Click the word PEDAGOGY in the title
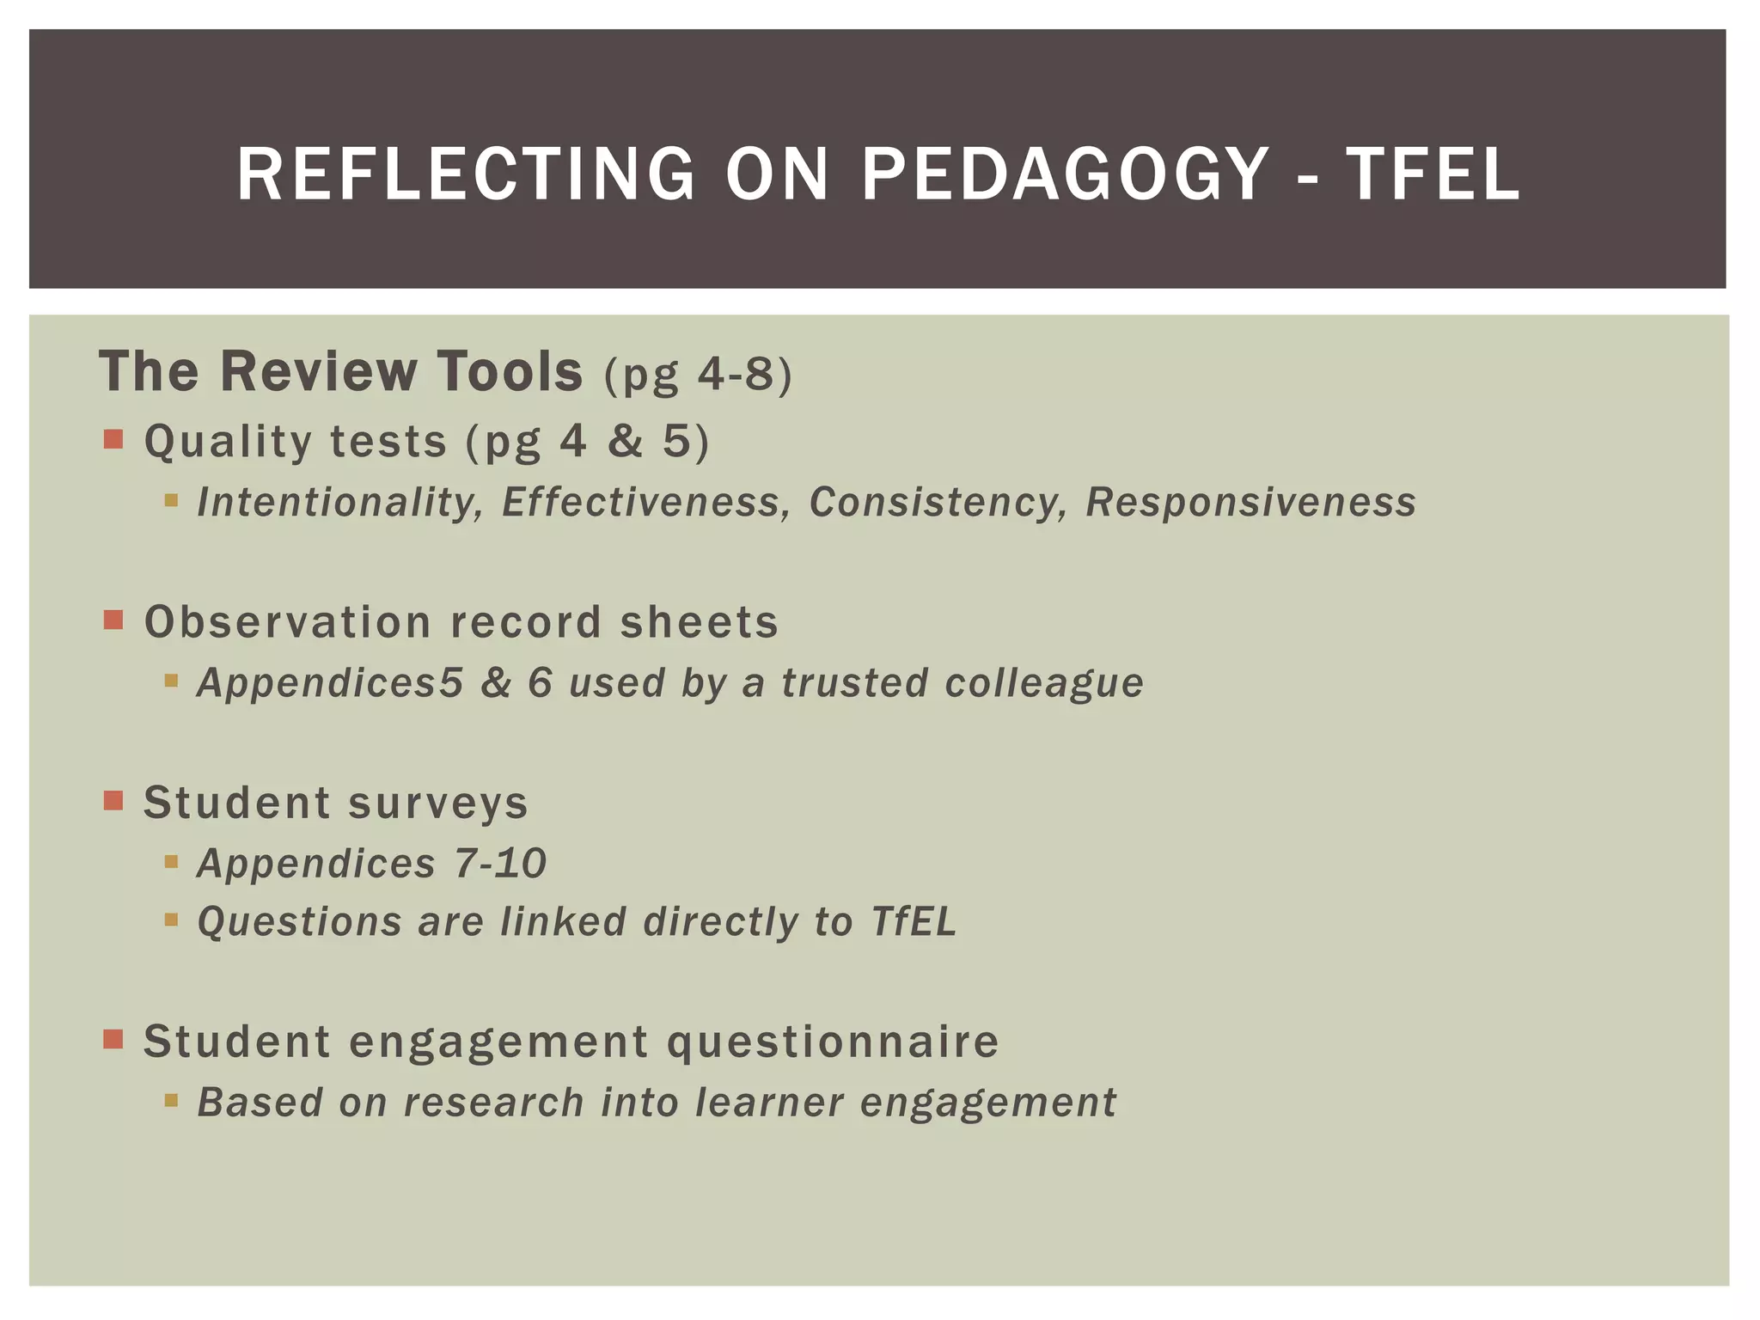(1064, 174)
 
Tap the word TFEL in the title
(1433, 174)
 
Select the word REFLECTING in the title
(466, 174)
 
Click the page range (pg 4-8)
(698, 375)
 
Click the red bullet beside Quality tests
(113, 440)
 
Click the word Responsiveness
(1250, 503)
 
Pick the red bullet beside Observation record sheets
(113, 620)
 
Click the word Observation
(287, 621)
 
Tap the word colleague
(1044, 683)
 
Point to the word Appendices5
(330, 683)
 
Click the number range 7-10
(500, 863)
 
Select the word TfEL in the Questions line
(914, 922)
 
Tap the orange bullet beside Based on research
(171, 1100)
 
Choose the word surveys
(438, 803)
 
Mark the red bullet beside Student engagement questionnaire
(113, 1040)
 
